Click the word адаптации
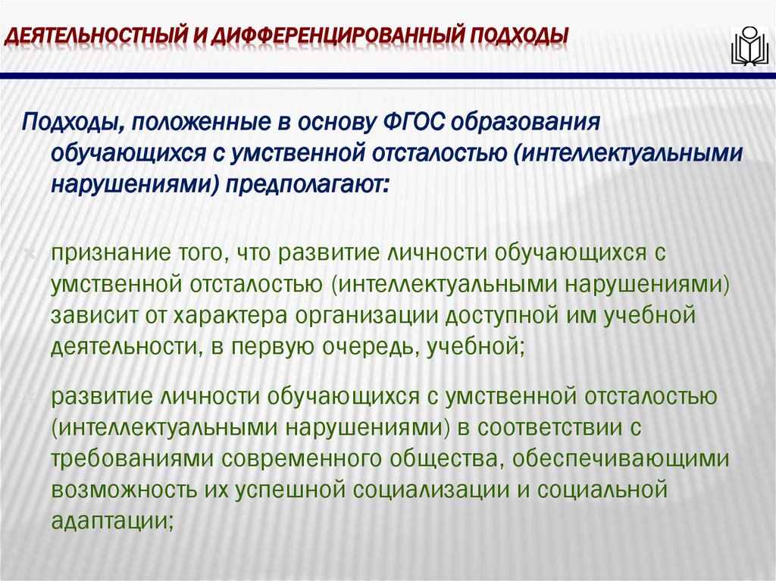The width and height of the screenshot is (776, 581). coord(111,520)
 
